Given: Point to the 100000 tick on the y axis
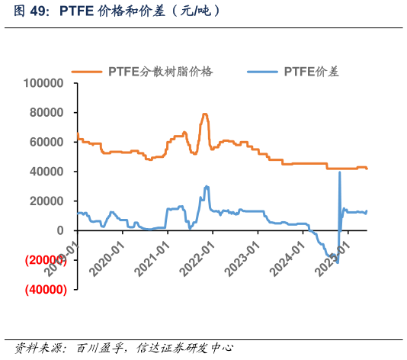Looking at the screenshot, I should coord(45,83).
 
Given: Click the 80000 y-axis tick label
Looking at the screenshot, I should coord(48,113).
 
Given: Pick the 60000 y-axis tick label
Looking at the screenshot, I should coord(48,142).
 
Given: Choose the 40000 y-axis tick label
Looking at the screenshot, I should coord(48,172).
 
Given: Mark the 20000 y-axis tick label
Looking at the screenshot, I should coord(48,201).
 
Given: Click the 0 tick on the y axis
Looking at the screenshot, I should coord(63,230).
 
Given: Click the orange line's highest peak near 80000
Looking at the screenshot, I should coord(204,114).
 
